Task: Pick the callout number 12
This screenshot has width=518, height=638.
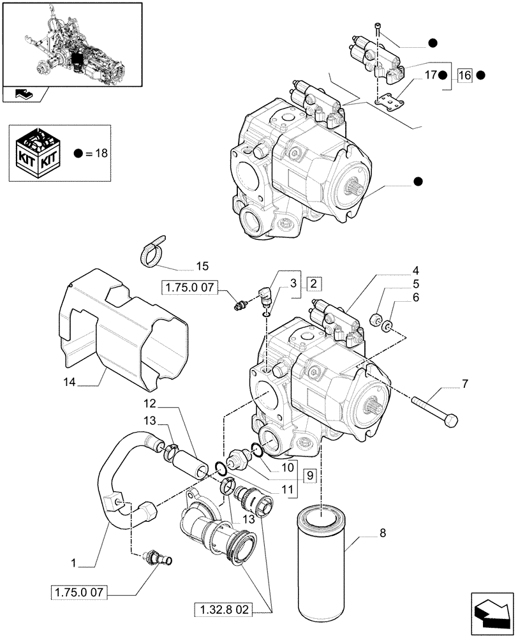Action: [x=149, y=404]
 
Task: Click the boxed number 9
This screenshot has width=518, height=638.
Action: [x=309, y=475]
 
